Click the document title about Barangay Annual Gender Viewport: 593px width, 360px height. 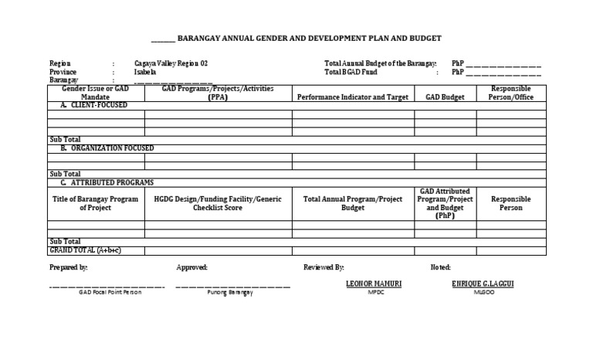[x=309, y=38]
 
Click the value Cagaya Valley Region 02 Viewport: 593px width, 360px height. [x=171, y=63]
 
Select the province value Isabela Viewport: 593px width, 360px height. [x=145, y=72]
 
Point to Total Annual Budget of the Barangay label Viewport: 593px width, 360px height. [x=381, y=63]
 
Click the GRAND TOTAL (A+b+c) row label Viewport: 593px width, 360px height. [x=86, y=250]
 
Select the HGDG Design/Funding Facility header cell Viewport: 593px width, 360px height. [x=218, y=203]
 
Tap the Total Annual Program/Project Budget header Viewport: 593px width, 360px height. [x=353, y=203]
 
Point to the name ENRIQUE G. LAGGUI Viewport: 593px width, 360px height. [x=483, y=284]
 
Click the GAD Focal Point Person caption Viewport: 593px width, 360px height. [x=107, y=293]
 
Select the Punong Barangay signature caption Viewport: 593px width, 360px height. [x=232, y=293]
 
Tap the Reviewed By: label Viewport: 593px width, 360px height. [x=324, y=267]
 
